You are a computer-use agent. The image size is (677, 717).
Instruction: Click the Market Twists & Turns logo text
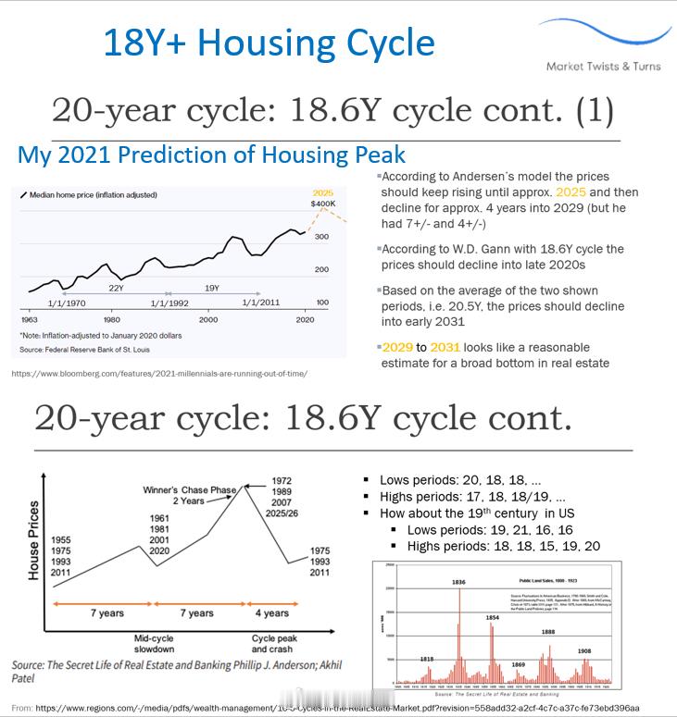[603, 67]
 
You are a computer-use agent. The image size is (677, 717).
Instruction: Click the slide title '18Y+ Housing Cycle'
[269, 43]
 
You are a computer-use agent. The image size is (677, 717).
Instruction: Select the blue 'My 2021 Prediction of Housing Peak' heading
[211, 155]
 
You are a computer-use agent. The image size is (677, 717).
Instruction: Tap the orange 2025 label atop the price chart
[322, 192]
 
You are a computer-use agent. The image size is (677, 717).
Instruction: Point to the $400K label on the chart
[323, 204]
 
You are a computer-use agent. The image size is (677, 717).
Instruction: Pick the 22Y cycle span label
[116, 288]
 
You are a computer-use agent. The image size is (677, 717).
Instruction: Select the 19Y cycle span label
[211, 288]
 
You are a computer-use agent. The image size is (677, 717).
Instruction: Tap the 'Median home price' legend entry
[93, 195]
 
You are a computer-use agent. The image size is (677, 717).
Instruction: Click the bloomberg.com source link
[159, 374]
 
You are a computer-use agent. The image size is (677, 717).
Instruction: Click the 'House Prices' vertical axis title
[34, 540]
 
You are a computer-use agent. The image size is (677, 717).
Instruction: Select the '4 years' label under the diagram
[271, 613]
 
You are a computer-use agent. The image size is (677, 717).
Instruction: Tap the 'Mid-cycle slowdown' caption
[154, 644]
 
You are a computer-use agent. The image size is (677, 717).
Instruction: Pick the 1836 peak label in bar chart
[458, 582]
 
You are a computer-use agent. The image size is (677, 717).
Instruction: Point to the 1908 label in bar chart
[583, 651]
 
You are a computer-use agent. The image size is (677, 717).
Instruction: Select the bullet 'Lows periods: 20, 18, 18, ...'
[458, 480]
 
